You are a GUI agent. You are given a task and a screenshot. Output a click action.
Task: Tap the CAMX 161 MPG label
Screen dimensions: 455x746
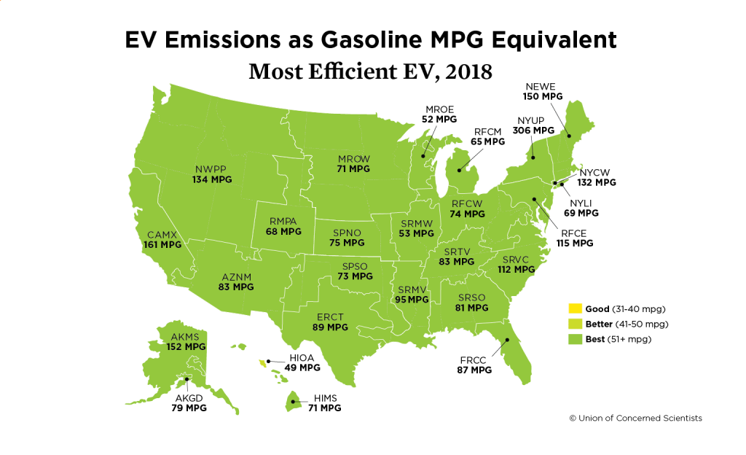(162, 240)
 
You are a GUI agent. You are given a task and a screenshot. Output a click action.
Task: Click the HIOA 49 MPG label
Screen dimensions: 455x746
(302, 363)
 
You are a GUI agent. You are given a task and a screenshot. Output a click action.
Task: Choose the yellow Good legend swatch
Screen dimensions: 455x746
(574, 309)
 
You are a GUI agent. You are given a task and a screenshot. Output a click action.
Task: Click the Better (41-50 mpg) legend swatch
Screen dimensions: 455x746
(574, 324)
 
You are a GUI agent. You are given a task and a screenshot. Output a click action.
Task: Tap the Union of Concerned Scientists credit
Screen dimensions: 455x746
(635, 419)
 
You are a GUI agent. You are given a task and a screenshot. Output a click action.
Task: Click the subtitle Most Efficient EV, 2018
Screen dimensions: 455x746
(371, 72)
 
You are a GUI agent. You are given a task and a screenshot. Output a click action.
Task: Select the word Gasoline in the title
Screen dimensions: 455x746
(380, 39)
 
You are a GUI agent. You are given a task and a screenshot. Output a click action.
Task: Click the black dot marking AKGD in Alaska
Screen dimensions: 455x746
(188, 378)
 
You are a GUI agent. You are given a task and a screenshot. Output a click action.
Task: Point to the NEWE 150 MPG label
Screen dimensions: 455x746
(543, 90)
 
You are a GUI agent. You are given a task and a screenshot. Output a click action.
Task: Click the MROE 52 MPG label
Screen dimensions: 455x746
(439, 114)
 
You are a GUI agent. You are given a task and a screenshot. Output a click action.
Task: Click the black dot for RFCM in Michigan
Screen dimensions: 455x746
(458, 171)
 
